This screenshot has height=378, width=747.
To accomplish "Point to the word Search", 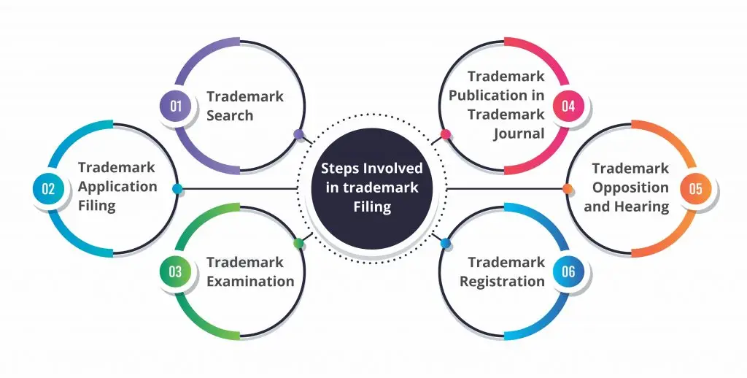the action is pyautogui.click(x=230, y=115).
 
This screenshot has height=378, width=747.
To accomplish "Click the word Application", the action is pyautogui.click(x=117, y=187).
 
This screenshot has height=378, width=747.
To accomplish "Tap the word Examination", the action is pyautogui.click(x=250, y=281).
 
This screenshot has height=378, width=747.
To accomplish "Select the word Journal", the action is pyautogui.click(x=519, y=134).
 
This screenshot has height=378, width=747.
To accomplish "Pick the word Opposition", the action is pyautogui.click(x=630, y=188).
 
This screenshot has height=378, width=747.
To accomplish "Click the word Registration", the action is pyautogui.click(x=502, y=282).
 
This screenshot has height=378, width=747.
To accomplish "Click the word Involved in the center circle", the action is pyautogui.click(x=392, y=169).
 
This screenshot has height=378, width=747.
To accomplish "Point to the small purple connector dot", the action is pyautogui.click(x=298, y=134).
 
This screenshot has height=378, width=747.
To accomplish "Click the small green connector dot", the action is pyautogui.click(x=298, y=244).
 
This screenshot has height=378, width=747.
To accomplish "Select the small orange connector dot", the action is pyautogui.click(x=568, y=189).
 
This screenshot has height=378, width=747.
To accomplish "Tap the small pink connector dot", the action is pyautogui.click(x=446, y=134).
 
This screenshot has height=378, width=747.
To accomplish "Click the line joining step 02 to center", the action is pyautogui.click(x=239, y=189).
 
